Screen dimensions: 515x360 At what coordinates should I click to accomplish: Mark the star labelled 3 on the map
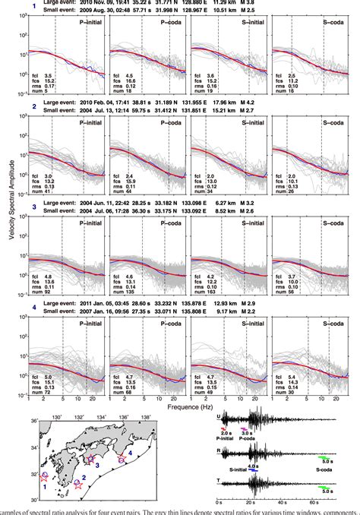pos(90,461)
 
